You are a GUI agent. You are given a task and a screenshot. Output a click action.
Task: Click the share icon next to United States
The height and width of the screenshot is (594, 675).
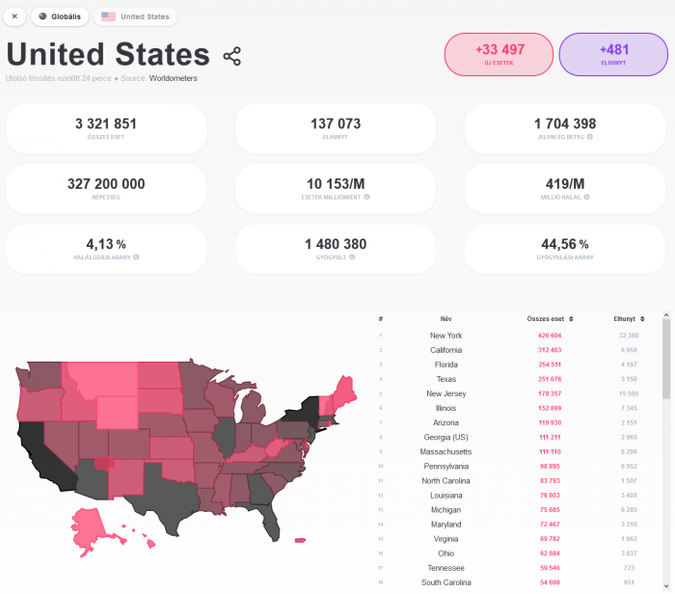tap(231, 56)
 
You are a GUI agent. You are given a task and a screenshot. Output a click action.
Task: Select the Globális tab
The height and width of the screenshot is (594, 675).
tap(60, 16)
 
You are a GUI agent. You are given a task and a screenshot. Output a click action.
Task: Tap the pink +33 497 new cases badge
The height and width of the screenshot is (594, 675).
tap(499, 54)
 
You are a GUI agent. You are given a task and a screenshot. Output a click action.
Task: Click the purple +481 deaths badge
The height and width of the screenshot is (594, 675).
tap(613, 54)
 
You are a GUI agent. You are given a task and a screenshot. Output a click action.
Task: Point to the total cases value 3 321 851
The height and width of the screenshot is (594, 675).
tap(106, 124)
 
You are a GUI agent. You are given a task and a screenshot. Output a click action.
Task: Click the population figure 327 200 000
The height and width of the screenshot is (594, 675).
tap(106, 184)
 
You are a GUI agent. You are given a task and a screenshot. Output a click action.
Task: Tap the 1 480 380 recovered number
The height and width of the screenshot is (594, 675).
tap(336, 245)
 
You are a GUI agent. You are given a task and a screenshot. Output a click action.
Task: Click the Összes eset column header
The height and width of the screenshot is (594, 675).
tap(551, 318)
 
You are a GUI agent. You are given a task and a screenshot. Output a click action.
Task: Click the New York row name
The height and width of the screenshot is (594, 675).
tap(445, 336)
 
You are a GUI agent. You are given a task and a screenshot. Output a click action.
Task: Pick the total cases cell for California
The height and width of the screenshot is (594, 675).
tap(550, 350)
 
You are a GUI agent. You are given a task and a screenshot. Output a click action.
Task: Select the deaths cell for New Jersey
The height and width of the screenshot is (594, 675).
tap(628, 393)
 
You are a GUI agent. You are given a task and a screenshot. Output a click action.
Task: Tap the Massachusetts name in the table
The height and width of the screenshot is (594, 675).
tap(445, 451)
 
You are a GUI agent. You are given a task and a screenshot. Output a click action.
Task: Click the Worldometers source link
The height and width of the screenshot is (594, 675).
tap(174, 78)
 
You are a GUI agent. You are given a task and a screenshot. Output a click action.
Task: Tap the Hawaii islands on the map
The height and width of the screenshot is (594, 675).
tap(300, 540)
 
